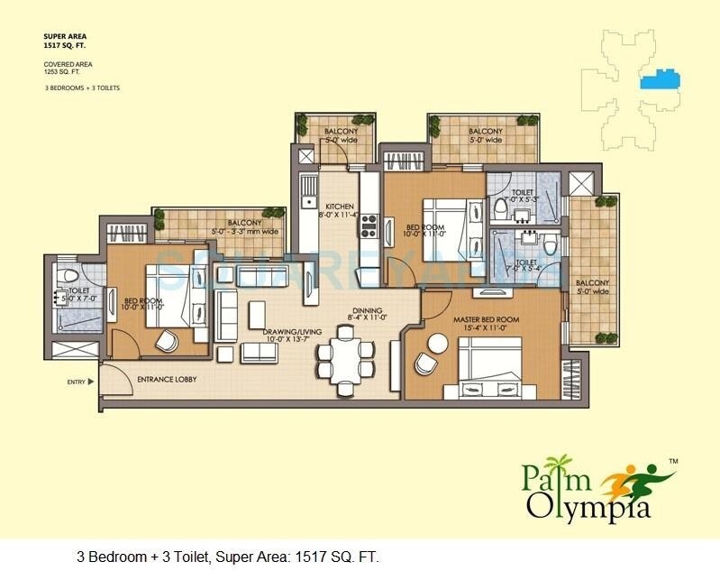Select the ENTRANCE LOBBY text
[167, 380]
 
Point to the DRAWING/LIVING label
[287, 332]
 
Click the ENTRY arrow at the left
[91, 382]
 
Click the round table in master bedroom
[437, 344]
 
